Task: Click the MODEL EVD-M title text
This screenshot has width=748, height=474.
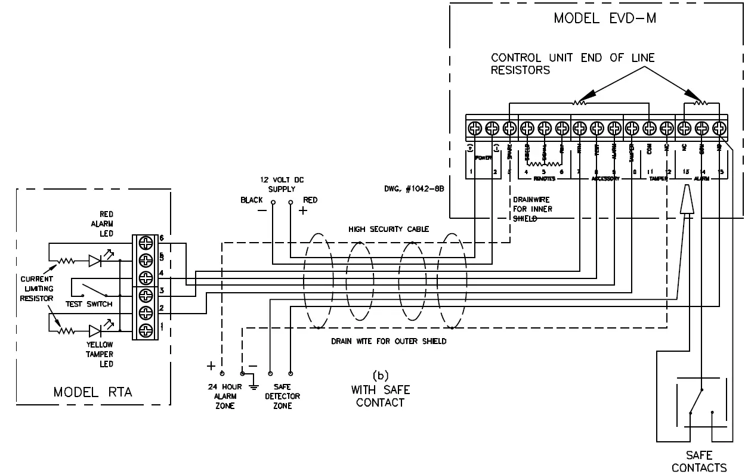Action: [x=605, y=17]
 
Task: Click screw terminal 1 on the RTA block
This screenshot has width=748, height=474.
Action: [x=145, y=330]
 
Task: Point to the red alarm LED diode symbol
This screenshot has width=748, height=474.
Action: [x=95, y=261]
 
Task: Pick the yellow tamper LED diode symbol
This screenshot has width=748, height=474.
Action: [x=95, y=330]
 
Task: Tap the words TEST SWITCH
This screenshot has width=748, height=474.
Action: [x=89, y=303]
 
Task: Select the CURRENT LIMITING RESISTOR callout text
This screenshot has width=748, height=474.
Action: [x=37, y=289]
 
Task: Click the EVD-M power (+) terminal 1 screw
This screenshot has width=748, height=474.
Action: [x=475, y=128]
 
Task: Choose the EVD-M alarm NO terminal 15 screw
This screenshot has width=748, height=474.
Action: [x=719, y=128]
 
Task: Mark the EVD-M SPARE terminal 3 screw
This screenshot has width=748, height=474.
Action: [x=509, y=128]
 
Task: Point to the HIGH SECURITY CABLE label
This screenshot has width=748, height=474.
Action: [x=388, y=229]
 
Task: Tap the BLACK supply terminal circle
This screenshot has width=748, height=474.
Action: [x=273, y=202]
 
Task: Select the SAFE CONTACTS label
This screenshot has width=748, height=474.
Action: [x=699, y=461]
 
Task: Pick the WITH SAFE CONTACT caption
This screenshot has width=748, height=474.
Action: [x=381, y=396]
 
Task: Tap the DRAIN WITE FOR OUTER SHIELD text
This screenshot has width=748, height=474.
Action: [x=388, y=341]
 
